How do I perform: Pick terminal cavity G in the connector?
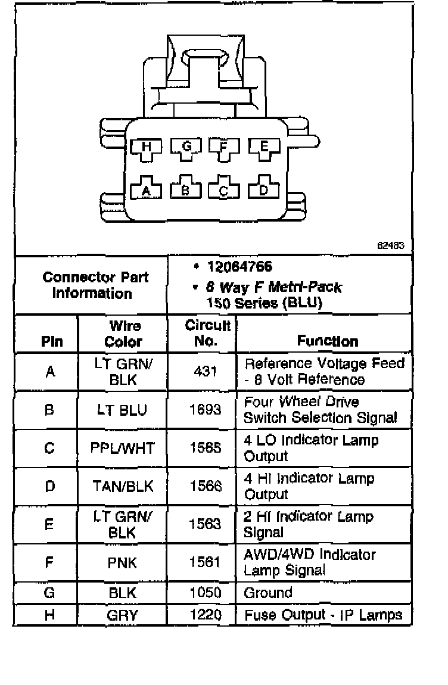coord(185,148)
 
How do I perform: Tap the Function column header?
coord(328,341)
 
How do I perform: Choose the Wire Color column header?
coord(124,334)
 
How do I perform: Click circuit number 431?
coord(206,371)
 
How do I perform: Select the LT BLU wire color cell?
coord(123,410)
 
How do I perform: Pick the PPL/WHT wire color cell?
coord(123,448)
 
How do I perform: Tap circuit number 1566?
coord(206,486)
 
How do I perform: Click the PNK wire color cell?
coord(123,562)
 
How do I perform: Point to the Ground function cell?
coord(269,593)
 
